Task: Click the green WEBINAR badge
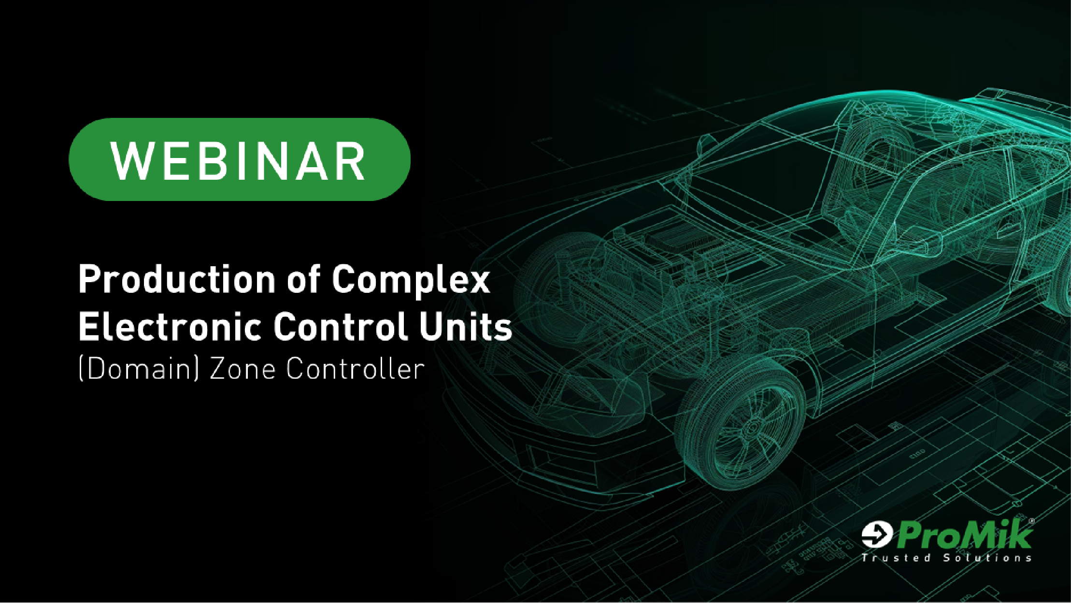240,159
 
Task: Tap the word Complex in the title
411,281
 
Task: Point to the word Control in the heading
341,327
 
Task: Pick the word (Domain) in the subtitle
139,369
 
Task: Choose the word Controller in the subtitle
355,369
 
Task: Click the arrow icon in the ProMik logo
876,534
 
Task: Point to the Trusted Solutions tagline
946,558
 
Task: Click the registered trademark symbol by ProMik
1031,521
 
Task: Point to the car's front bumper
556,435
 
